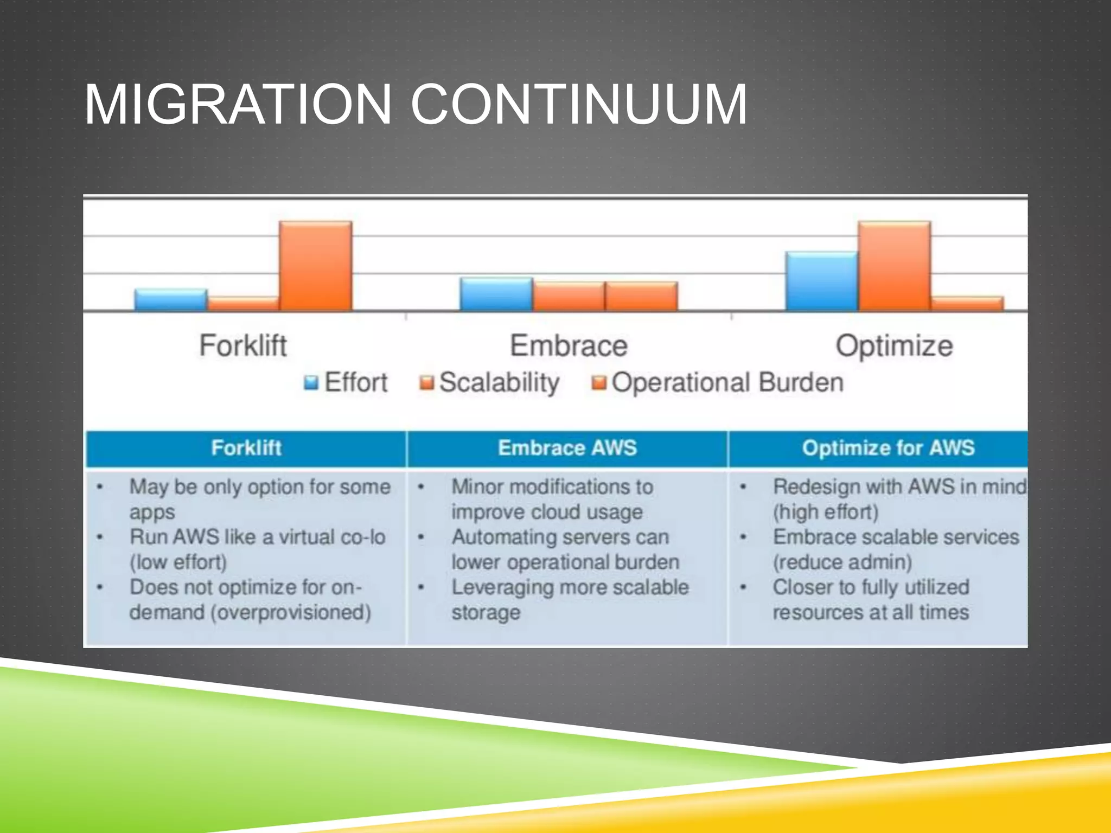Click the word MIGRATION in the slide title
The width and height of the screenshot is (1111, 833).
238,104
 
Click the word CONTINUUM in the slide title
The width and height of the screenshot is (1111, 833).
578,104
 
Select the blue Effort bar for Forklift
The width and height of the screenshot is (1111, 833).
170,300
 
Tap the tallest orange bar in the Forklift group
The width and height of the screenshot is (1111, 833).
316,266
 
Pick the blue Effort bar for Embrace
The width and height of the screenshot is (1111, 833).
496,294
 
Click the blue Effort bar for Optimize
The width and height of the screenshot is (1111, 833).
821,281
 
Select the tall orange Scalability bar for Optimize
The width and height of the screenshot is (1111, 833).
894,266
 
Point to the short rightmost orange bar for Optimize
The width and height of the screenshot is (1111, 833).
967,304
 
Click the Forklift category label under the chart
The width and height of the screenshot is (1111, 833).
242,345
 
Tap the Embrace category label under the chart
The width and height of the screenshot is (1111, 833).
569,345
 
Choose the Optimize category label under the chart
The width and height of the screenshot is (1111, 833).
894,345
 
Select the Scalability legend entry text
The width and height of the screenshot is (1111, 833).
499,383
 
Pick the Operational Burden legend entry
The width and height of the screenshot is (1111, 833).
727,383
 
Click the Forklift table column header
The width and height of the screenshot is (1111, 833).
246,448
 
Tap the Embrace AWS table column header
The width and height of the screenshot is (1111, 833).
567,448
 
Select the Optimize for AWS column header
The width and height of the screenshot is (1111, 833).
888,448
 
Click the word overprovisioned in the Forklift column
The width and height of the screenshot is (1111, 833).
291,613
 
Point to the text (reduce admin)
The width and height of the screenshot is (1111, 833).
842,562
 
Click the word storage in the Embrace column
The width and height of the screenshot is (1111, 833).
486,613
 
